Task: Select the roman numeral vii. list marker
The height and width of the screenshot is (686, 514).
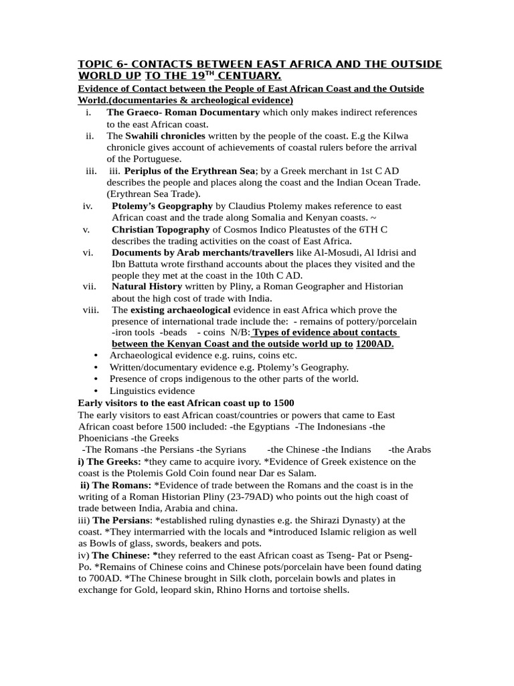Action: point(90,287)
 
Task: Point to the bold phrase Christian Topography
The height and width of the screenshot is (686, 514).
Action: point(161,230)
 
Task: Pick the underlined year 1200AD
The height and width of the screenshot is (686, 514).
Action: point(374,344)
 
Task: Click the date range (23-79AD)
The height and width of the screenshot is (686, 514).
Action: point(289,496)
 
